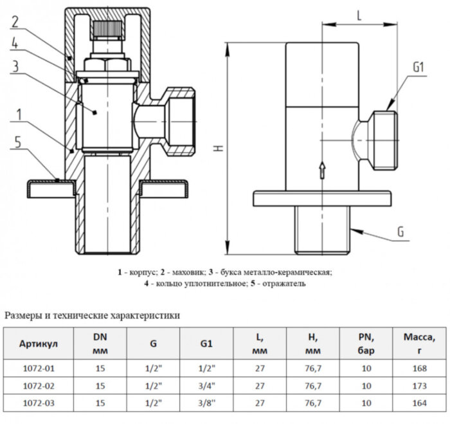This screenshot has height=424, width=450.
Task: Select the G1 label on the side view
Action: point(419,67)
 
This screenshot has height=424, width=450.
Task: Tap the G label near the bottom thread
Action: point(401,232)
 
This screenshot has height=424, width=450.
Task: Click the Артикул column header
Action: point(39,344)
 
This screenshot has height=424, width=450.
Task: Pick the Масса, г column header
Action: point(423,344)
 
